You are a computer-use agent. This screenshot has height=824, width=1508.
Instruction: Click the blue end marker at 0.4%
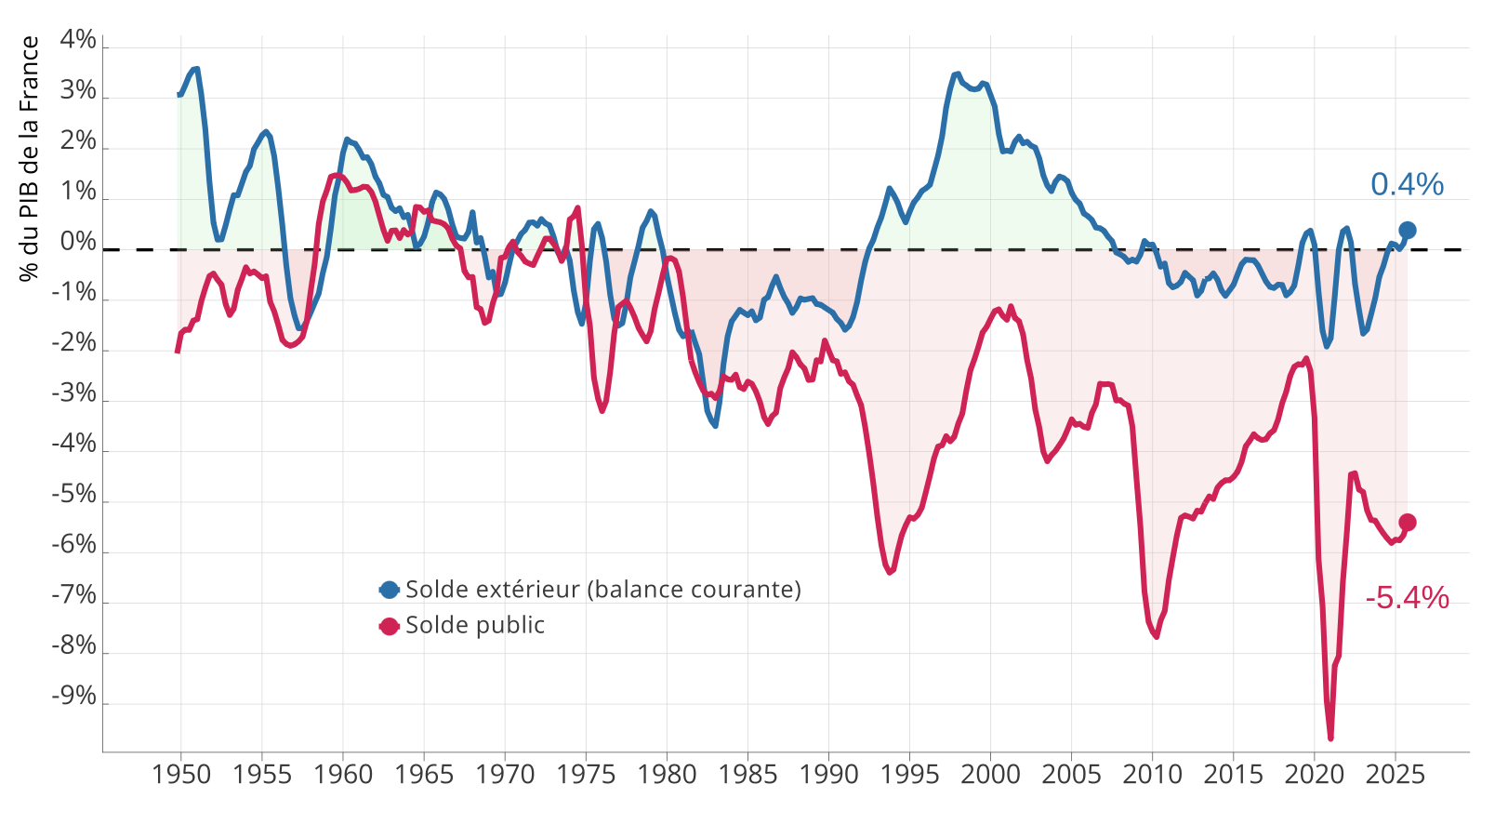[x=1408, y=231]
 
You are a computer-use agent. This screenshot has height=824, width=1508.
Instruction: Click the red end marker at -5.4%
[x=1408, y=523]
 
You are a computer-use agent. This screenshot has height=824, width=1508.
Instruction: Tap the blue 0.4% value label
[x=1407, y=185]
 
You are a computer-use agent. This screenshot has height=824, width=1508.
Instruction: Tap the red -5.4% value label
[x=1407, y=598]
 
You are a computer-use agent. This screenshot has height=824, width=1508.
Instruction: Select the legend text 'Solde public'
[x=475, y=625]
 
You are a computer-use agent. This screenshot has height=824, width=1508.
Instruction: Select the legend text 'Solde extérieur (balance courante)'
[x=603, y=590]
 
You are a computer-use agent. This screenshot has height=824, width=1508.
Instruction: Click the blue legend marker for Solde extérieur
[x=389, y=590]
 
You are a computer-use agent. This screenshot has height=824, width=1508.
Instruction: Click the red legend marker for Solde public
[x=389, y=626]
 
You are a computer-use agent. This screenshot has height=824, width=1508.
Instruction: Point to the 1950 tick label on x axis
[x=181, y=775]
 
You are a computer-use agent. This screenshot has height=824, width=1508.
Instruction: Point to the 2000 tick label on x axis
[x=991, y=775]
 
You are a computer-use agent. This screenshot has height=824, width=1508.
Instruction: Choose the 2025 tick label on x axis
[x=1396, y=775]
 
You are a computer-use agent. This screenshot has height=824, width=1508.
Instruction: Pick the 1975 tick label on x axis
[x=586, y=775]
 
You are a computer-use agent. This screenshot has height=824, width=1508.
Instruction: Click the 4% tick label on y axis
[x=78, y=40]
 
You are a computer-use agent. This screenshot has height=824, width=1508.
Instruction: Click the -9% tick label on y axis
[x=75, y=697]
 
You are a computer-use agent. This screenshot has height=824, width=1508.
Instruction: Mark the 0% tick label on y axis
[x=78, y=243]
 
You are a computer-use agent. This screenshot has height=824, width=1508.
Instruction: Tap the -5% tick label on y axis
[x=75, y=495]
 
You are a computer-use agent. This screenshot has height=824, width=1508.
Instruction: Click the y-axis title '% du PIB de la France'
[x=30, y=158]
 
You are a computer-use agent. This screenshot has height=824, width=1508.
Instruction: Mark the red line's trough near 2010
[x=1157, y=636]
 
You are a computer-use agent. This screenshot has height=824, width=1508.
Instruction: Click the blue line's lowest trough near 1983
[x=715, y=425]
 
